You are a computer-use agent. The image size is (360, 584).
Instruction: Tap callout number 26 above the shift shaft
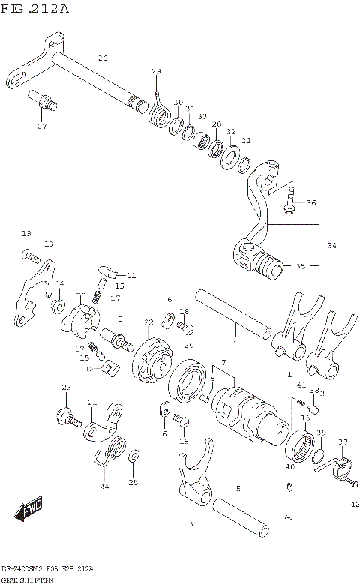103,58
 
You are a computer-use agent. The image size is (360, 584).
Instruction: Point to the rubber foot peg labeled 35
265,263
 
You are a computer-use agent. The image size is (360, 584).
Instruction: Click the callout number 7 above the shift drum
223,363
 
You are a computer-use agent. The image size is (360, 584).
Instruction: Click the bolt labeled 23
66,415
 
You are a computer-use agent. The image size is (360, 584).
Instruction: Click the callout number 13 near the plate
49,244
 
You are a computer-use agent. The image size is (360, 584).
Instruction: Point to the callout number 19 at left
25,234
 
